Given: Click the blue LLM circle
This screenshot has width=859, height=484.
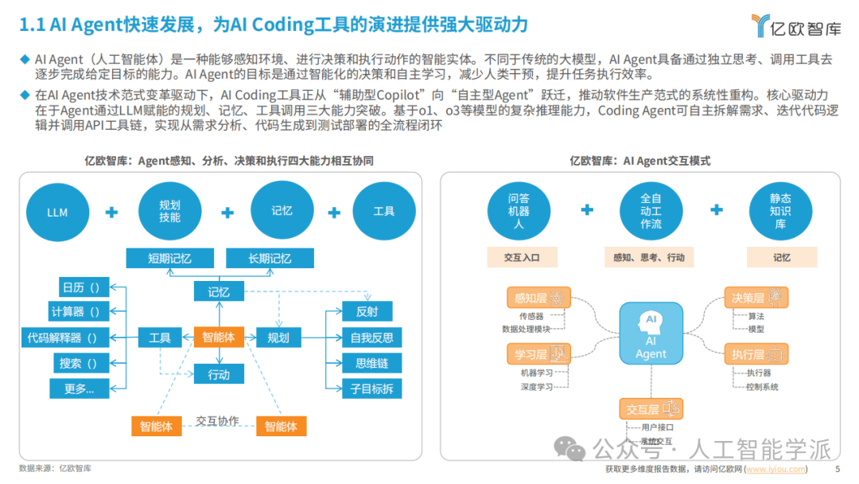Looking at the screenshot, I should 57,213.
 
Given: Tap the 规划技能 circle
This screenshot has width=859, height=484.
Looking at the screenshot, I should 169,212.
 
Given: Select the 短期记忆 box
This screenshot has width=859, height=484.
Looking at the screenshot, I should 169,259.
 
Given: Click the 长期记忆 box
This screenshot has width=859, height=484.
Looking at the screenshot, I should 270,259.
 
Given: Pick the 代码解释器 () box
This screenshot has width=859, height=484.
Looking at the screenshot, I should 63,338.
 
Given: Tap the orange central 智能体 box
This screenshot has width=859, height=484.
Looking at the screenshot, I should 219,338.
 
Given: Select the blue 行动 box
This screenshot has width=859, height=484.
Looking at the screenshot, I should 219,374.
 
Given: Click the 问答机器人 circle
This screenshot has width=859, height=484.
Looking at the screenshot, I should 519,212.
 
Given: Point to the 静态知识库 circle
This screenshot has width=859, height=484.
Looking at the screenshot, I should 781,212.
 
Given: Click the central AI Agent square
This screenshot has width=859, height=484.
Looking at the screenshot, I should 651,335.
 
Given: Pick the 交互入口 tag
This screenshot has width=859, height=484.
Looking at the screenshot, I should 522,258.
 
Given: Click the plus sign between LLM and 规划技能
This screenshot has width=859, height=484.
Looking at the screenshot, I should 112,213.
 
